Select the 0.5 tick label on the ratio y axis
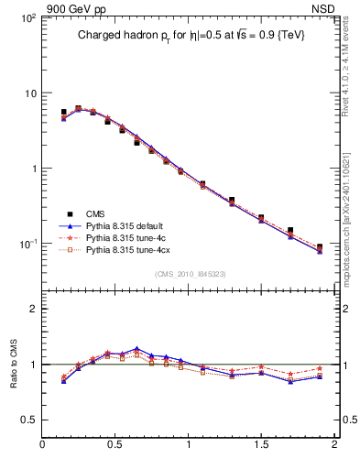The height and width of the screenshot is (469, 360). pos(27,420)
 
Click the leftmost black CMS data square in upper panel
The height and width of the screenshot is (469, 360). pos(63,113)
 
